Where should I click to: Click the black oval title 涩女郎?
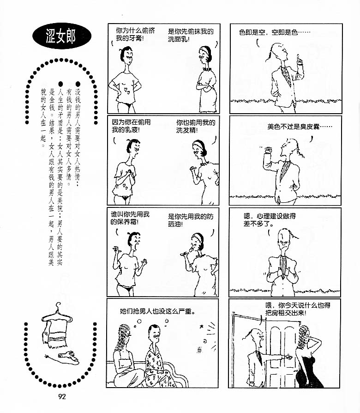click(x=62, y=36)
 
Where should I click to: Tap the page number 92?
click(x=62, y=397)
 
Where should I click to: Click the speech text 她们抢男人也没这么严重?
click(x=157, y=311)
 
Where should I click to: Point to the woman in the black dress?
click(x=308, y=357)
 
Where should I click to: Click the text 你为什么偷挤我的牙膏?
click(x=135, y=34)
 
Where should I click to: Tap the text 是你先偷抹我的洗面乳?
click(x=191, y=36)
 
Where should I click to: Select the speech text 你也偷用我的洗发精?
click(x=196, y=126)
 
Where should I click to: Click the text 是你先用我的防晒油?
click(x=191, y=220)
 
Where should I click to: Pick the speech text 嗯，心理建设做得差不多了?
click(x=270, y=220)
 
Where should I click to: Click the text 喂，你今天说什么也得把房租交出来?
click(x=298, y=309)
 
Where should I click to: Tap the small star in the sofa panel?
click(x=202, y=327)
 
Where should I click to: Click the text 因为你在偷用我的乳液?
click(x=131, y=126)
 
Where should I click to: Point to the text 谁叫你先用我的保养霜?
click(x=130, y=218)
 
